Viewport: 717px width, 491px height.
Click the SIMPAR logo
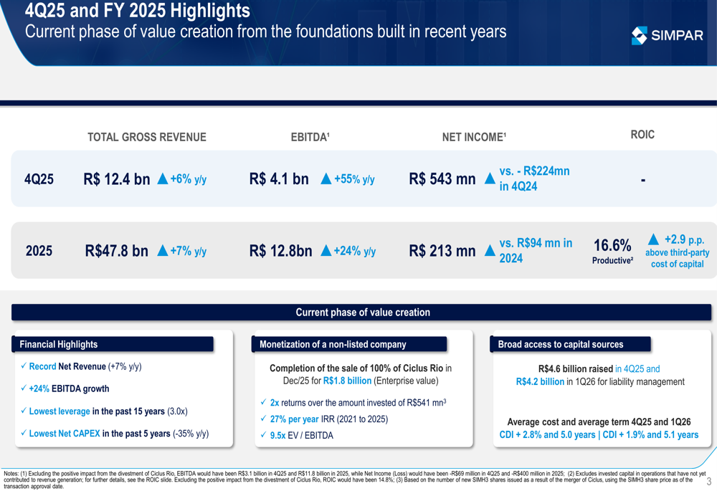[667, 35]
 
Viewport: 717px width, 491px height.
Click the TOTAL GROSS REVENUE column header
[146, 137]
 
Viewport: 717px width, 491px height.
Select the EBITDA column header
[310, 137]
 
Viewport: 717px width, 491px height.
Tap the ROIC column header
[642, 135]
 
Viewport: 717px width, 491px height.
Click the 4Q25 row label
[39, 179]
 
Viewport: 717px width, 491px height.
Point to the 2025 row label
[39, 251]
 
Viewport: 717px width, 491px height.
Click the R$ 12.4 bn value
[116, 179]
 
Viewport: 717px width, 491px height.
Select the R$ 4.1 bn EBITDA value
[279, 179]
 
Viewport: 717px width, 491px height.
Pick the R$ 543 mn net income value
[442, 179]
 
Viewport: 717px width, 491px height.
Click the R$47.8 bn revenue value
[116, 251]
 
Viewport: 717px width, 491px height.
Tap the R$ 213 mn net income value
[442, 251]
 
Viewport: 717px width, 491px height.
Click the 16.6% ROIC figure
[612, 246]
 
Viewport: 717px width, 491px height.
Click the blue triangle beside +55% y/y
[326, 179]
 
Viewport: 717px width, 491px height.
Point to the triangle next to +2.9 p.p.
[653, 239]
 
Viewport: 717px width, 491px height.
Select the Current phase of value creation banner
[362, 313]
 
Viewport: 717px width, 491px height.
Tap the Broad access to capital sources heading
[561, 344]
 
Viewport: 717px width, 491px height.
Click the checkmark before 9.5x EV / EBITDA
[263, 435]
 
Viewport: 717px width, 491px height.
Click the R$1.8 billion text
[347, 381]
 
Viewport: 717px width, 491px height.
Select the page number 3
[708, 471]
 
